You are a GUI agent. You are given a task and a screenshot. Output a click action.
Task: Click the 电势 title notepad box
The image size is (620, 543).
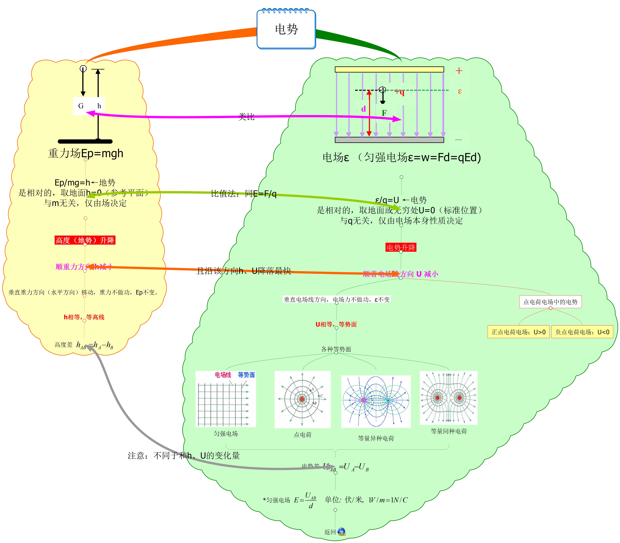point(286,29)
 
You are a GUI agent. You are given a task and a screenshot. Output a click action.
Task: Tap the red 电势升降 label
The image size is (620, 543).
point(401,247)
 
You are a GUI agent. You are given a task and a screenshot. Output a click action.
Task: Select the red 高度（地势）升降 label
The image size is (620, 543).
point(85,240)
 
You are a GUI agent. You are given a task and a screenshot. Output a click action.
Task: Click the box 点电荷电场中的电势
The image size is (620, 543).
point(550,302)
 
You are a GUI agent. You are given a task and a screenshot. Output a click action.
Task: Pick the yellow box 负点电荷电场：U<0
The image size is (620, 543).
point(582,332)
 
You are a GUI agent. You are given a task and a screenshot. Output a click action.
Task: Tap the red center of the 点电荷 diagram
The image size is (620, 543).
point(302,399)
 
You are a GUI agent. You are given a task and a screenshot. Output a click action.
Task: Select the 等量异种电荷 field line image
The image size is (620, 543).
point(376,401)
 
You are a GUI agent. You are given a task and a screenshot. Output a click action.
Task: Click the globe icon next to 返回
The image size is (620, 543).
point(341,532)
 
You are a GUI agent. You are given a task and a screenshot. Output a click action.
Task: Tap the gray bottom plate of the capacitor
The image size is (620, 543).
point(389,140)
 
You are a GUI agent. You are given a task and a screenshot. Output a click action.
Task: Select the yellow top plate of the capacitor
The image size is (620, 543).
point(389,69)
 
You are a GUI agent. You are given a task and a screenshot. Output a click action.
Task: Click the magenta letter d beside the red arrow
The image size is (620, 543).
point(363,109)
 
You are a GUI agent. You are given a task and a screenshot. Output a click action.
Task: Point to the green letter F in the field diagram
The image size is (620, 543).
point(384,113)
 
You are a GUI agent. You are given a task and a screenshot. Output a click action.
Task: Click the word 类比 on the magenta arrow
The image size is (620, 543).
point(246,117)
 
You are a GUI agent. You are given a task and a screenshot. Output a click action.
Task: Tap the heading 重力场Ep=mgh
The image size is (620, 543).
point(86,153)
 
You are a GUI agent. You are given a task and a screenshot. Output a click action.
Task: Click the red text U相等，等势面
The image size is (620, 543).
point(336,324)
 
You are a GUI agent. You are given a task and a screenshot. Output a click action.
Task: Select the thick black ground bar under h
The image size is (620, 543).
point(85,141)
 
